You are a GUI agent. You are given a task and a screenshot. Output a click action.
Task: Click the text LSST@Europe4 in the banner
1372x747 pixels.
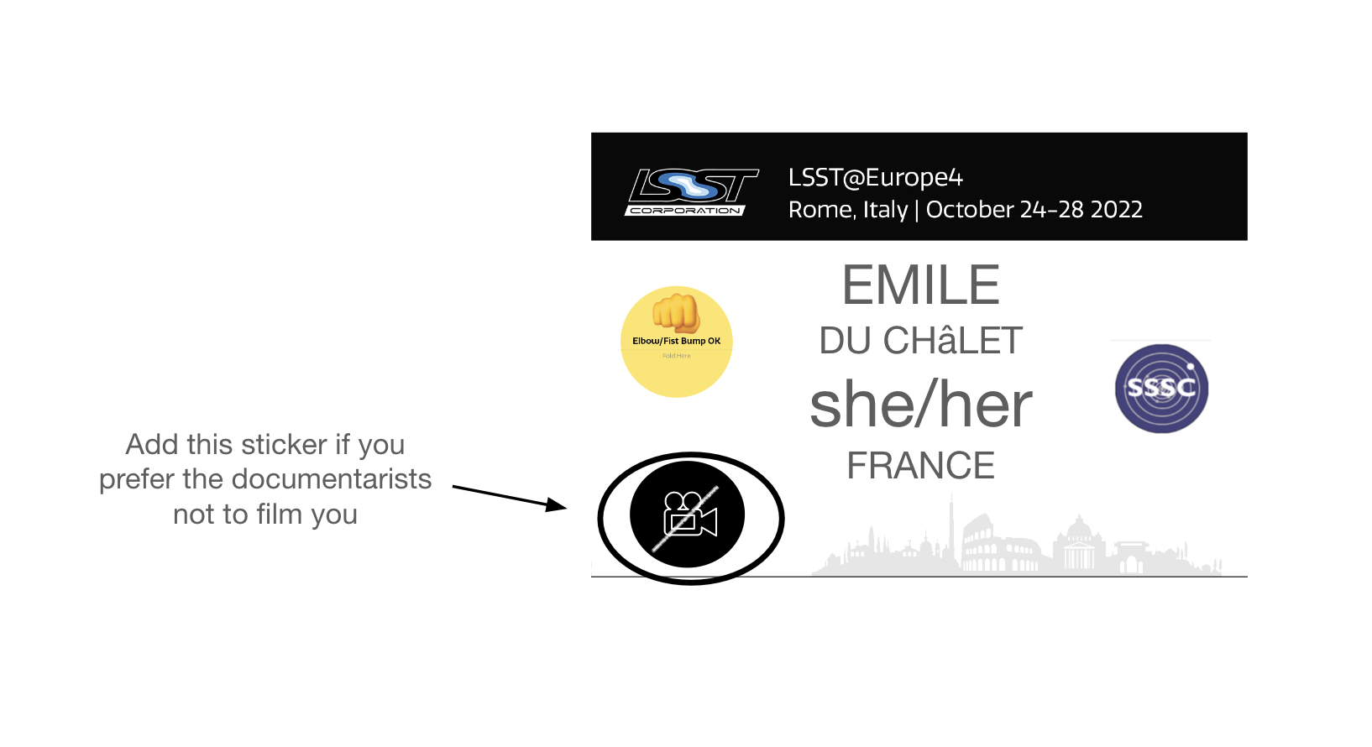click(875, 178)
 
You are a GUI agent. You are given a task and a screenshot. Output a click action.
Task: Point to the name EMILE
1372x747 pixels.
click(920, 285)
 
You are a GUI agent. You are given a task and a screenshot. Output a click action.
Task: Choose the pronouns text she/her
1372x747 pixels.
click(920, 405)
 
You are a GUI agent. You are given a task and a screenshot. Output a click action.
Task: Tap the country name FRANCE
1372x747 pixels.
click(920, 466)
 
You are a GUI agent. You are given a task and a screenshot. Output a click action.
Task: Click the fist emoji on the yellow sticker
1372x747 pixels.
click(676, 313)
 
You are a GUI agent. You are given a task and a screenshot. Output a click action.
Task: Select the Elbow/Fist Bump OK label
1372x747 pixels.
click(676, 342)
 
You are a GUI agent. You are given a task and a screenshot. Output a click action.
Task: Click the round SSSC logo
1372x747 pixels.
click(1161, 389)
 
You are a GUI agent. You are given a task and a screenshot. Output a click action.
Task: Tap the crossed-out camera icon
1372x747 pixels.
click(688, 515)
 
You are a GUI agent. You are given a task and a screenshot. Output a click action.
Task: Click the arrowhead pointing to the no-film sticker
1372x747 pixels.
click(556, 505)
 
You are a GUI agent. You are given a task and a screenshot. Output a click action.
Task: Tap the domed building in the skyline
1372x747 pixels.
click(1078, 541)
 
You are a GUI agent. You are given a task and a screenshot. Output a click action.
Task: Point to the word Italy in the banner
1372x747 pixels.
click(885, 210)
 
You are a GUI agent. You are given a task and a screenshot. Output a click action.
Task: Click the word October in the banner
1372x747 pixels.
click(970, 210)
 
